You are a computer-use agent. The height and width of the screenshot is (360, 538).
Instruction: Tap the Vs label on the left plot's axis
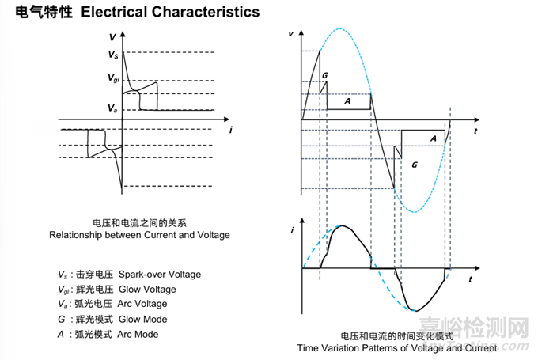tap(113, 55)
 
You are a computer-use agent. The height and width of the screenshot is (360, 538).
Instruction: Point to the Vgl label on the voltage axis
tap(114, 78)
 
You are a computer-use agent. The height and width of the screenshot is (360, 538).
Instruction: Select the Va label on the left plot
tap(113, 108)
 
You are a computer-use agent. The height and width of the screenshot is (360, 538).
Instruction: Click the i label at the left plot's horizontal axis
tap(229, 127)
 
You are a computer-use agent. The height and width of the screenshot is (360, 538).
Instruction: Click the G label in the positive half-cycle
tap(325, 74)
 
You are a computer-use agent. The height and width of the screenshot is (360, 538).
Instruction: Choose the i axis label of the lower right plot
tap(293, 230)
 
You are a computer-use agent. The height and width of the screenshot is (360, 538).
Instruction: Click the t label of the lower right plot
tap(470, 279)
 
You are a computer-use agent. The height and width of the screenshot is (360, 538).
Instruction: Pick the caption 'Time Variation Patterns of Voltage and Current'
tap(397, 347)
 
